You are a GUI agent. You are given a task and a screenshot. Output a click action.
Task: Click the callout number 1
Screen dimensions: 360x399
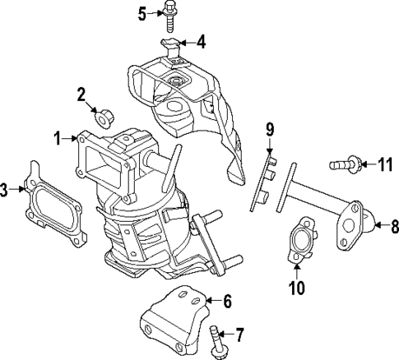coord(58,140)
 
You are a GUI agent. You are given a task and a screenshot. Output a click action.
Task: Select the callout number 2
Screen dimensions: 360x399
coord(82,94)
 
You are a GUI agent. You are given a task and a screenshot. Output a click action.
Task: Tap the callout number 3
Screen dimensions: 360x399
coord(5,191)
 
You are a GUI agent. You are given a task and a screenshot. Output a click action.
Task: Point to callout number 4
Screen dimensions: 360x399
coord(201,40)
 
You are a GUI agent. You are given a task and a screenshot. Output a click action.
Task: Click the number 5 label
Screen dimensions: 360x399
coord(142,13)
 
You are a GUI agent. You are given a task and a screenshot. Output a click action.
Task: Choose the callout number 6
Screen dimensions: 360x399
coord(228,300)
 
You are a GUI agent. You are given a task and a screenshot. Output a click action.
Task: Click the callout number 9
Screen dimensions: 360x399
coord(269,128)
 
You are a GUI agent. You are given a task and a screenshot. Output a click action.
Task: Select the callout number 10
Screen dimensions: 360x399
coord(296,287)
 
